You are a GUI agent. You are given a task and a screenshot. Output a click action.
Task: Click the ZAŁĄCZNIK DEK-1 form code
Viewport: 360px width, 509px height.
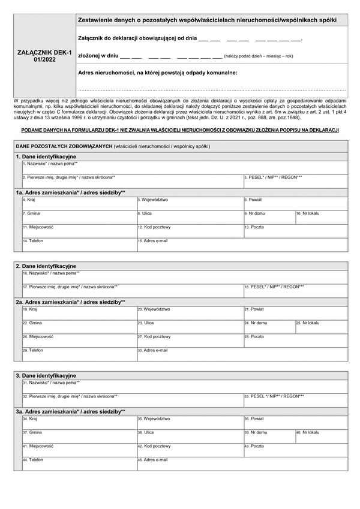click(x=45, y=56)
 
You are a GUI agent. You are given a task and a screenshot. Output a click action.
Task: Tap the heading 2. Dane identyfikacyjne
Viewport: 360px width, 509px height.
click(x=46, y=266)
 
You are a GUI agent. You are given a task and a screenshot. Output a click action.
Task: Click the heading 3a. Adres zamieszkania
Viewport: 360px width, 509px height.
click(x=71, y=412)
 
